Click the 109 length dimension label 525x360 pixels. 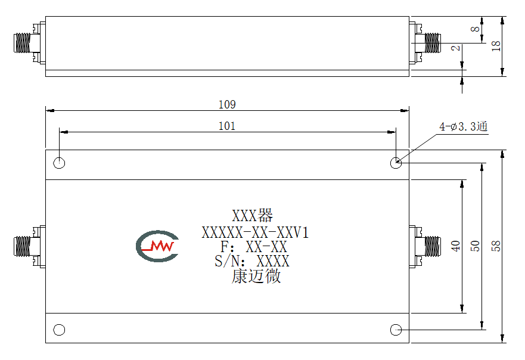[227, 104]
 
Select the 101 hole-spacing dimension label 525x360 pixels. [227, 126]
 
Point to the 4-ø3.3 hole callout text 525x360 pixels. [464, 126]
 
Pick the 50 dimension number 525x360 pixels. [475, 246]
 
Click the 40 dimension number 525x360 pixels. [455, 246]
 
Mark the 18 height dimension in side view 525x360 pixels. [496, 46]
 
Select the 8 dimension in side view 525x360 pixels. [475, 29]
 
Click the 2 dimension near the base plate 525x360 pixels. [455, 48]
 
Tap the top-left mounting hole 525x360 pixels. [59, 163]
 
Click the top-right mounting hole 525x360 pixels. [396, 163]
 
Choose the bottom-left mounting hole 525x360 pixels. [59, 330]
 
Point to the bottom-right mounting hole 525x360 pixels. [396, 330]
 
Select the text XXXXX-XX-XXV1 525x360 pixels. [255, 232]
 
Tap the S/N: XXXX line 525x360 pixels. [252, 261]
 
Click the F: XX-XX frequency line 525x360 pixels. [253, 247]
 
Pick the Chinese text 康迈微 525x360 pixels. [256, 277]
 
